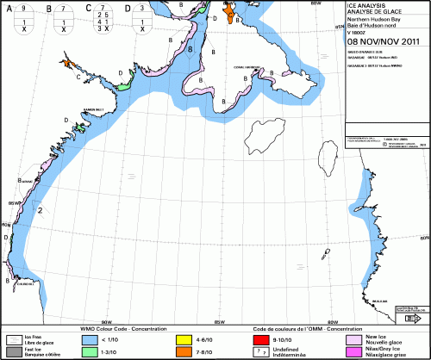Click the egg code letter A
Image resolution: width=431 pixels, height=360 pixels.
point(7,8)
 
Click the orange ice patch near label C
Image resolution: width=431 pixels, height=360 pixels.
point(66,63)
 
